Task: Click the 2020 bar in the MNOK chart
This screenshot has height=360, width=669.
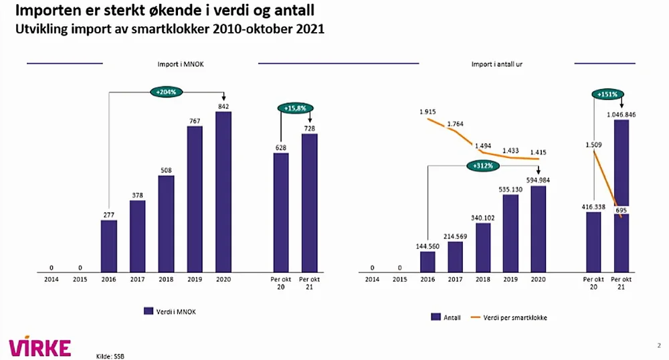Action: point(223,192)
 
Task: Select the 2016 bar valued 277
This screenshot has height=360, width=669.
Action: point(109,246)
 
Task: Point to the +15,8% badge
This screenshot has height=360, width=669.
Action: point(295,107)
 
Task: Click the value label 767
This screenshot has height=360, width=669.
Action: point(195,120)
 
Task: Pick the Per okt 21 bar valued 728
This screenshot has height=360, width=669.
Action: point(309,203)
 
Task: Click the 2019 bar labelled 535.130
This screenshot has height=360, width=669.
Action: point(510,234)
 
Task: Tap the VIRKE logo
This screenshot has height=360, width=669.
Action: point(39,347)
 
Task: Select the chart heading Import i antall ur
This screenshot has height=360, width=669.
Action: point(497,64)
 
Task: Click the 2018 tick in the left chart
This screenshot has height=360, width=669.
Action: point(166,280)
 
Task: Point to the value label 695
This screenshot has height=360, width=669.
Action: point(622,210)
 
